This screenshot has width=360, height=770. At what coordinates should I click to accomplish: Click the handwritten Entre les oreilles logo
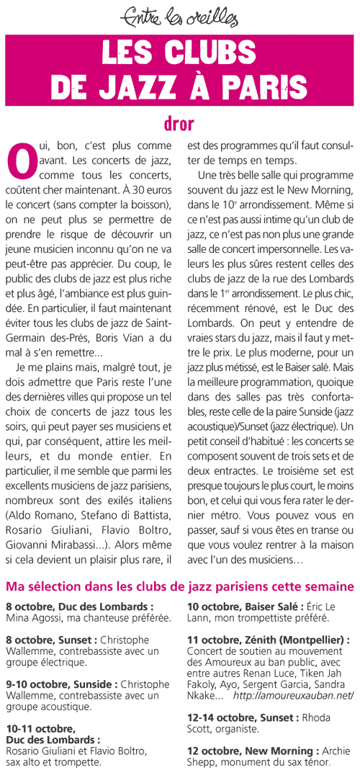(x=180, y=13)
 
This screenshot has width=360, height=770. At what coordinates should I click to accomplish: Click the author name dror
(x=180, y=123)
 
